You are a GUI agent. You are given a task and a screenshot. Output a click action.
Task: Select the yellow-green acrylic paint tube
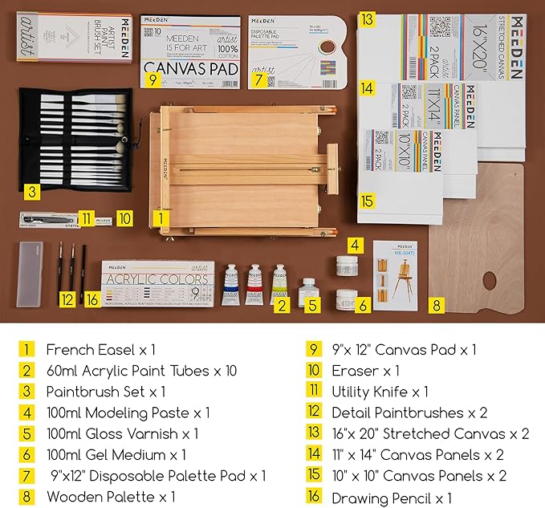click(279, 283)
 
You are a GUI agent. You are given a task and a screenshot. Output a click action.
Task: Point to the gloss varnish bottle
click(307, 292)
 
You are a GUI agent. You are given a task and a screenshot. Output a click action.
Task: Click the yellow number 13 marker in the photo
click(367, 18)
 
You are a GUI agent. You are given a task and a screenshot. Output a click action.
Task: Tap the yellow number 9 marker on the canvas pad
click(152, 79)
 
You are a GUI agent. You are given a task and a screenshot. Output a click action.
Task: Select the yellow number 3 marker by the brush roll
click(31, 191)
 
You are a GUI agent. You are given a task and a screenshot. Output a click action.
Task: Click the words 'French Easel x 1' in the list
click(100, 349)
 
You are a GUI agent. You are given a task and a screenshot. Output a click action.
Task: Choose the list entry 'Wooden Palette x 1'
click(110, 496)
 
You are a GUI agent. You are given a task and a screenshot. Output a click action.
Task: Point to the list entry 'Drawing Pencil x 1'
click(392, 497)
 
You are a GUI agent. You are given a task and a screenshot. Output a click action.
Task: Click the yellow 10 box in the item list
click(312, 371)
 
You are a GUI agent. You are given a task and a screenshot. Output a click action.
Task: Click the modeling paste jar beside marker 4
click(348, 266)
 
